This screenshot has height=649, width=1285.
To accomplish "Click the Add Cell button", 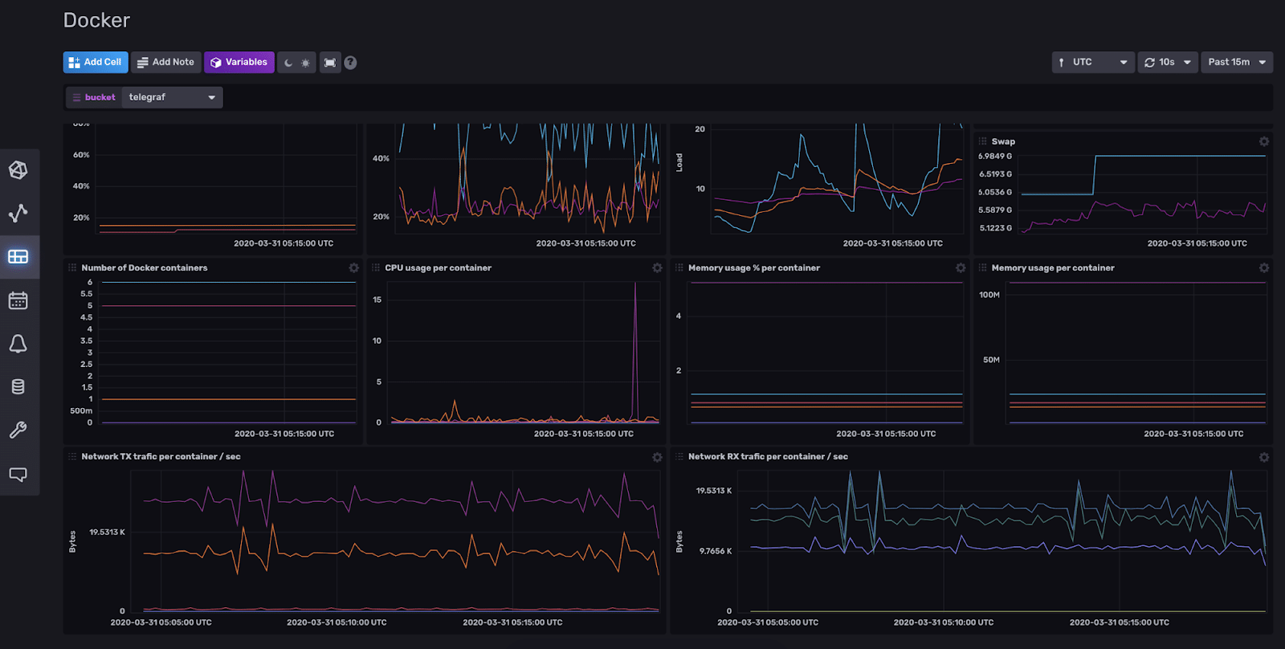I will (96, 62).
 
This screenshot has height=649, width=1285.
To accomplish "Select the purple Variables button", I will (239, 62).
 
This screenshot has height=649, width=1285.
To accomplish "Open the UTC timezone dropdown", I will (1093, 62).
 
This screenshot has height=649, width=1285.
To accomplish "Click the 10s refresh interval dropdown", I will (1168, 62).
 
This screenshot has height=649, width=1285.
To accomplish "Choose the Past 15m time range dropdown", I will (1236, 62).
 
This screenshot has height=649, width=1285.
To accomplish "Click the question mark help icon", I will (350, 63).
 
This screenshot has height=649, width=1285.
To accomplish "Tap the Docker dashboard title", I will (96, 20).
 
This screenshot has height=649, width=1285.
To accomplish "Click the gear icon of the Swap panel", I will (1264, 141).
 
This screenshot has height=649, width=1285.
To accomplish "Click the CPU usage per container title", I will (438, 268).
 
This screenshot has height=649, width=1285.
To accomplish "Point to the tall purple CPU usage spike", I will (635, 321).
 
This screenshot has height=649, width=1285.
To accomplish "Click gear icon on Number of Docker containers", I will (353, 268).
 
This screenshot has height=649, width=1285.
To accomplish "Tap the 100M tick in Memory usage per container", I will (989, 295).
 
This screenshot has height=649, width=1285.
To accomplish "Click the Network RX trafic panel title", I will (768, 456).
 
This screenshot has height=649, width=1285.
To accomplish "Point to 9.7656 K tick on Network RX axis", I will (715, 551).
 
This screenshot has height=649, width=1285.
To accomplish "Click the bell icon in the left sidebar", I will (18, 344).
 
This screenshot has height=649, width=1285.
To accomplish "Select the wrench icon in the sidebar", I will (18, 430).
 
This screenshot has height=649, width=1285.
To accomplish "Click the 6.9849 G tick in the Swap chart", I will (995, 157).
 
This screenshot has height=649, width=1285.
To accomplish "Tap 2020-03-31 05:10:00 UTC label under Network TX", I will (337, 622).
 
